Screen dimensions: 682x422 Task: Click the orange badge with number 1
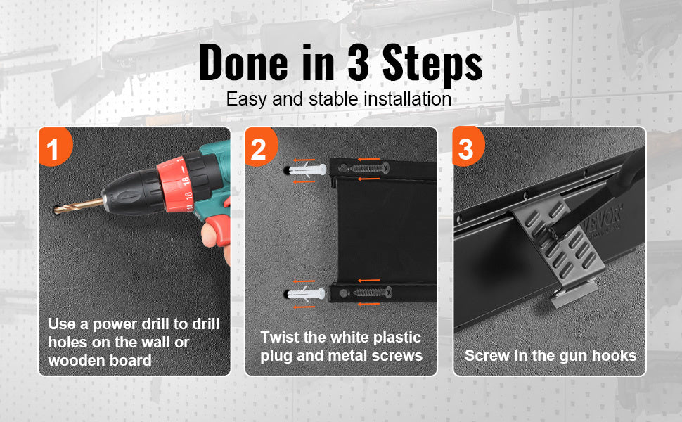[x=54, y=146]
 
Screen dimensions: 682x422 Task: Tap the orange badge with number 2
[x=261, y=146]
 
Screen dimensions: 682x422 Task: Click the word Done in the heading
[x=243, y=63]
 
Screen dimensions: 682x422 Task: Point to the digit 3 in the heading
[x=359, y=63]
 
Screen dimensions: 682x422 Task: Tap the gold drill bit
[x=78, y=205]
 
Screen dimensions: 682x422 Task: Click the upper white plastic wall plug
[x=307, y=170]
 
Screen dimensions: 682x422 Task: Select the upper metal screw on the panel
[x=366, y=168]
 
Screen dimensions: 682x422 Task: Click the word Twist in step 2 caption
[x=279, y=337]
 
